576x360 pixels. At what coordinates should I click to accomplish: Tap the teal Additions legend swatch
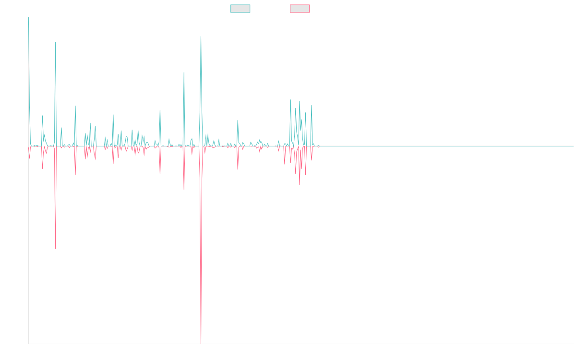240,9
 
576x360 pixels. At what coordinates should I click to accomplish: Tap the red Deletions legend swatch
300,9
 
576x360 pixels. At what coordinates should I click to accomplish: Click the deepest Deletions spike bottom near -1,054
201,343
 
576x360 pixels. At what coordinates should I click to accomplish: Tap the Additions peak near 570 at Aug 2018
201,36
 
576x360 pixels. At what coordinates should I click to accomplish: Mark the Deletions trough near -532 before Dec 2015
55,248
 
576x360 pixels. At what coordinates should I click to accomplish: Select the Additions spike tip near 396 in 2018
184,72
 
